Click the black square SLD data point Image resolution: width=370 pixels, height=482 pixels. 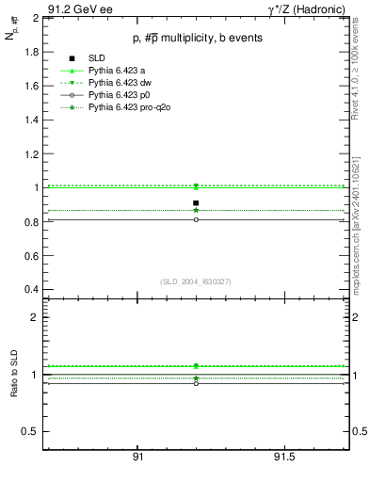[x=196, y=202]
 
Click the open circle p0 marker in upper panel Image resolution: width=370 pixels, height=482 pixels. [x=196, y=219]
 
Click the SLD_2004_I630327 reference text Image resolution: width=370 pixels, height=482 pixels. [x=196, y=281]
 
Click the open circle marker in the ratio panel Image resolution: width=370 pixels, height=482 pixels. [x=196, y=383]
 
